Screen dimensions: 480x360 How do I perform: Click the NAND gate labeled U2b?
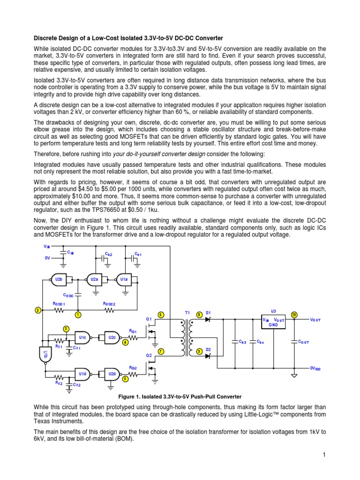[x=59, y=279]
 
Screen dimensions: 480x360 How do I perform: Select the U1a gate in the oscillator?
[x=124, y=279]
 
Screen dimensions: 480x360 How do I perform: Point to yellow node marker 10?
[x=294, y=315]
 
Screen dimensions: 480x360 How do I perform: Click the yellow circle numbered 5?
[x=125, y=378]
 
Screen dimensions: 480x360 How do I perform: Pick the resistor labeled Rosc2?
[x=110, y=310]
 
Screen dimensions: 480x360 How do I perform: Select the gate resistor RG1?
[x=134, y=337]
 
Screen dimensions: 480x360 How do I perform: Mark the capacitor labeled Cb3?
[x=234, y=341]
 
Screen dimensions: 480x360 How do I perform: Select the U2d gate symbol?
[x=112, y=374]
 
